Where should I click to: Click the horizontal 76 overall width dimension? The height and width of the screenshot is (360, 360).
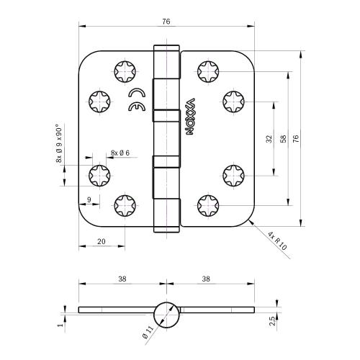point(166,22)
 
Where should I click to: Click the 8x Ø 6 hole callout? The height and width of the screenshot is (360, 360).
point(120,153)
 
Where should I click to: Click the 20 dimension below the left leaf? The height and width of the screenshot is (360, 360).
point(101,242)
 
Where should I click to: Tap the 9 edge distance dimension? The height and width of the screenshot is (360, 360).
point(88,199)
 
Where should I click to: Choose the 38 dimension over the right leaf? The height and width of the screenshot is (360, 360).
point(206,277)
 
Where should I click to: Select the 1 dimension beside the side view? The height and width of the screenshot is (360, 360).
point(62,325)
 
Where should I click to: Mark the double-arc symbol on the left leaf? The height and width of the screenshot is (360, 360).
point(135,100)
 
